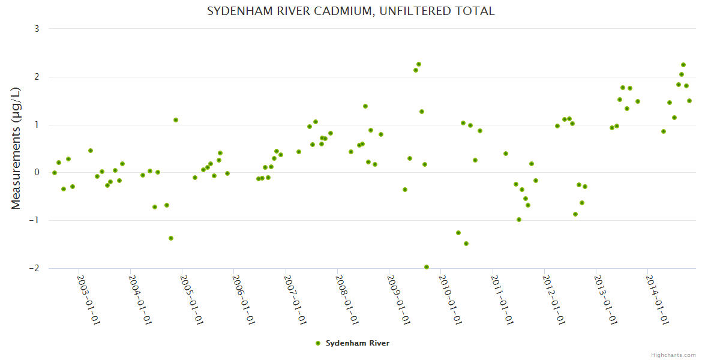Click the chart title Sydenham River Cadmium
coord(351,11)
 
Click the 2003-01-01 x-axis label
coord(88,299)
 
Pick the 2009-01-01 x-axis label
coord(398,299)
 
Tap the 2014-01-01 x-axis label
coord(656,299)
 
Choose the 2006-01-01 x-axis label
coord(243,299)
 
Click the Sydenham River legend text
coord(358,343)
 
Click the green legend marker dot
coord(318,343)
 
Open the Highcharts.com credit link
coord(673,355)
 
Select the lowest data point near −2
coord(427,267)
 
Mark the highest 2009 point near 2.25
coord(419,64)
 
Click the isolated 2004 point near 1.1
coord(176,120)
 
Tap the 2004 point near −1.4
coord(171,238)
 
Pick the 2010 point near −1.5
coord(466,244)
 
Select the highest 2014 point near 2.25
coord(683,65)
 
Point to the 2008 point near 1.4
coord(365,106)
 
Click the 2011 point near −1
coord(519,220)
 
